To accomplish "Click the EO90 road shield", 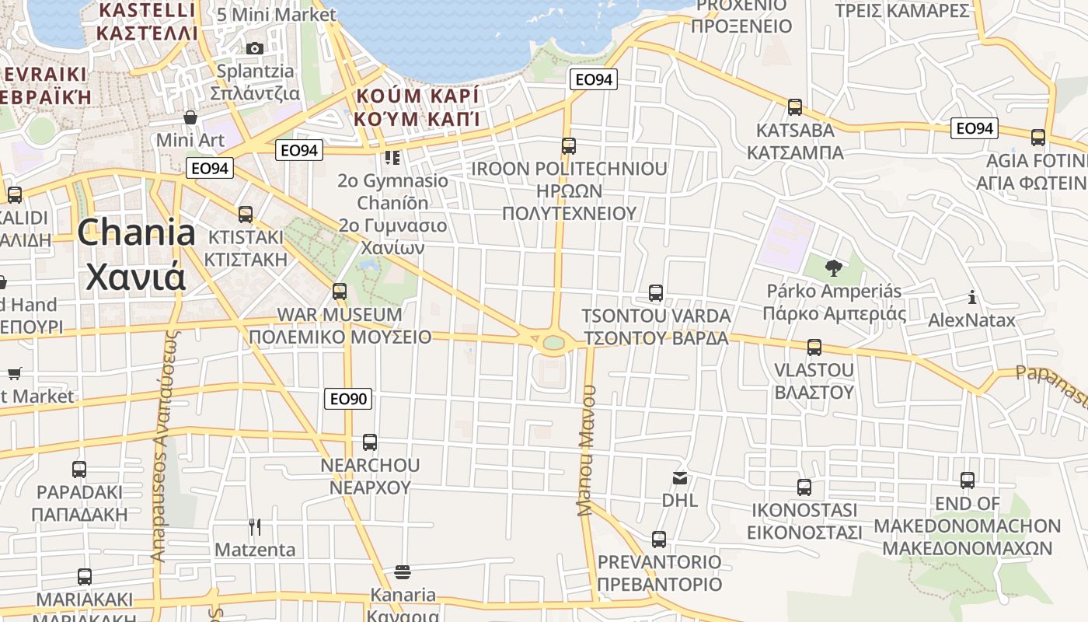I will click(x=348, y=399).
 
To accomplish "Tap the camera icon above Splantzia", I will click(x=254, y=48).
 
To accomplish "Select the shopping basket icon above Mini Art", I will click(x=190, y=117).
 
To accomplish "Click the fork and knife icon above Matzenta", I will click(x=254, y=527).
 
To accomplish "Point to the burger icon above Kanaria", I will click(x=403, y=572).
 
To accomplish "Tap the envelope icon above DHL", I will click(x=680, y=477).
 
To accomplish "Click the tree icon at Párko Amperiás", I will click(x=833, y=268).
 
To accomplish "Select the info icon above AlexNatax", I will click(x=971, y=297).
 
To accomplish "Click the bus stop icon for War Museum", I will click(x=340, y=292).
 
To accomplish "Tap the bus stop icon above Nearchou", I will click(x=370, y=442).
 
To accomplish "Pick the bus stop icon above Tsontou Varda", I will click(x=656, y=293).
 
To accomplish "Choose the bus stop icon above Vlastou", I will click(x=814, y=347).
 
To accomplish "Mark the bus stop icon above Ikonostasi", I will click(x=804, y=487).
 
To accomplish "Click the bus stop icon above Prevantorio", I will click(x=659, y=539).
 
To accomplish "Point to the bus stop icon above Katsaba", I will click(x=794, y=107).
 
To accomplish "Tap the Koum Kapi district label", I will click(x=416, y=107).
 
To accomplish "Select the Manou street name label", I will click(x=587, y=451).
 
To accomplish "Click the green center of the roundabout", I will click(x=553, y=342).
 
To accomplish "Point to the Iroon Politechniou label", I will click(x=569, y=190).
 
